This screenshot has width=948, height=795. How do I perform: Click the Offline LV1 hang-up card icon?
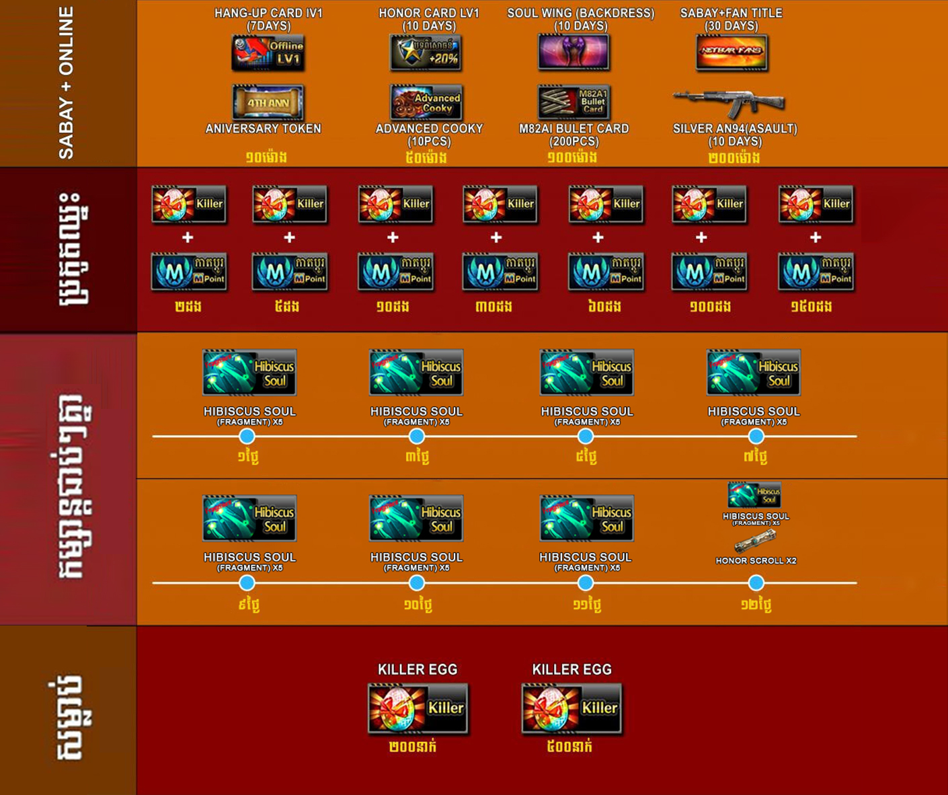tap(268, 52)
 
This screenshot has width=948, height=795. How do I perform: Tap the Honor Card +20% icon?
tap(426, 52)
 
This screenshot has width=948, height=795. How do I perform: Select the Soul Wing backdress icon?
tap(574, 52)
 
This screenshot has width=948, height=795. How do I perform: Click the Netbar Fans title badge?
tap(732, 52)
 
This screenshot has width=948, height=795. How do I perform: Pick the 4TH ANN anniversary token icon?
tap(268, 102)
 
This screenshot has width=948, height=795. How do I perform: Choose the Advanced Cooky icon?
tap(426, 102)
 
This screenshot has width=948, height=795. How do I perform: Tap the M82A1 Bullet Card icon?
tap(574, 102)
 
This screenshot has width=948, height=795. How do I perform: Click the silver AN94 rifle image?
tap(729, 103)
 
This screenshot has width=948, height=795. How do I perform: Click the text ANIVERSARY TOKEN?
tap(264, 128)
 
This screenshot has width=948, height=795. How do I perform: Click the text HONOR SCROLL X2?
tap(756, 560)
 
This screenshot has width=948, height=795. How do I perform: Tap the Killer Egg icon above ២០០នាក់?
tap(418, 708)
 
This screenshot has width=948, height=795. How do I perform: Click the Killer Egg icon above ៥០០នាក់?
tap(571, 708)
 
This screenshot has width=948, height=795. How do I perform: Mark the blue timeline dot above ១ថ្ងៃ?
tap(247, 437)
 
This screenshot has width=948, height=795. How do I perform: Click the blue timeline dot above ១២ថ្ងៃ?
tap(756, 582)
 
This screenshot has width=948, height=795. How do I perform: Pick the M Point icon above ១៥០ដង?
tap(816, 272)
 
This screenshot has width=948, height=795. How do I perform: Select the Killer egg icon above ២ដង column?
tap(188, 204)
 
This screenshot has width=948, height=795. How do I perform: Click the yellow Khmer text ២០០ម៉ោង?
tap(734, 158)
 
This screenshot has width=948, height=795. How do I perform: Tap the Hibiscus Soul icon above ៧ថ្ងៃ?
tap(754, 373)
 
